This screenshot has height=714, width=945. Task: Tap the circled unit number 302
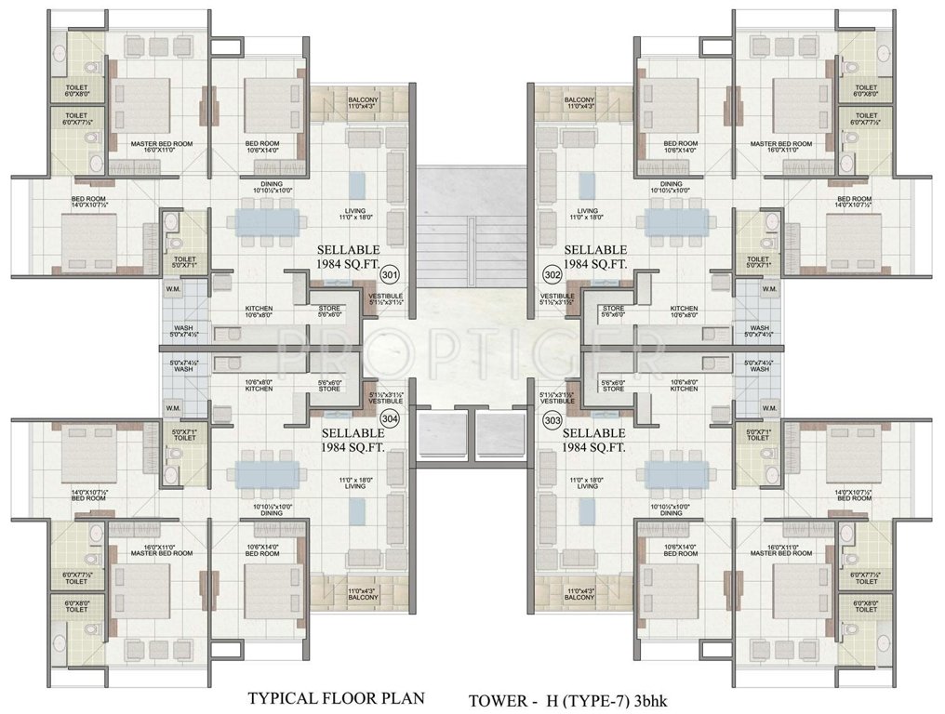point(552,275)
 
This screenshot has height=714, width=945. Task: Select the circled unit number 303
point(552,420)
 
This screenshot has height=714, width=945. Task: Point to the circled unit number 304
point(390,420)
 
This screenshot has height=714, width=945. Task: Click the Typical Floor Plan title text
point(335,696)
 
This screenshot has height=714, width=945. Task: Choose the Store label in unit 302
point(612,311)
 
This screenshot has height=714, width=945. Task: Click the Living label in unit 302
point(587,215)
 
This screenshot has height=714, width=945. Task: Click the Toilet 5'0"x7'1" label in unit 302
point(758,262)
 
